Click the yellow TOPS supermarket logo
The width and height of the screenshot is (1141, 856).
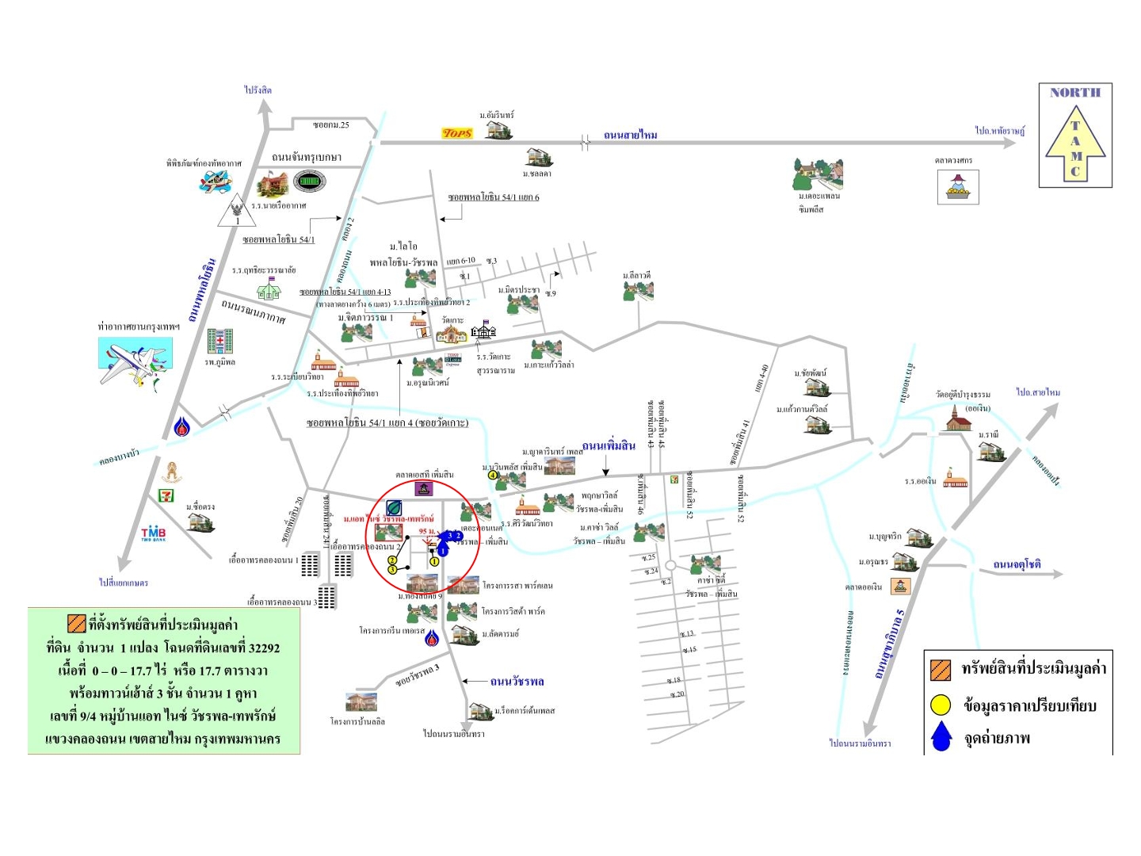tap(457, 133)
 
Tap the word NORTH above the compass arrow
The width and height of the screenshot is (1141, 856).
tap(1075, 93)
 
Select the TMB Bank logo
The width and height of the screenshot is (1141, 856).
tap(153, 533)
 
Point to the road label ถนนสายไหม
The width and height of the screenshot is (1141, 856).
tap(630, 136)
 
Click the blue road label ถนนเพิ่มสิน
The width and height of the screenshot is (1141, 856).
tap(609, 445)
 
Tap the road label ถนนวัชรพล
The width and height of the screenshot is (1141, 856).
tap(517, 682)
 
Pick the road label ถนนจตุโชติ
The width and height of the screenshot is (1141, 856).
tap(1017, 564)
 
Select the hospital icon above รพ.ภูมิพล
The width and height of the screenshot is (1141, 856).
tap(219, 342)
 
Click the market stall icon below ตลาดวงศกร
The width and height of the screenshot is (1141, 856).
tap(958, 188)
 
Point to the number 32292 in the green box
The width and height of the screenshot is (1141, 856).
tap(264, 648)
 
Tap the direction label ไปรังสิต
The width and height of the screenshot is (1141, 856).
tap(258, 90)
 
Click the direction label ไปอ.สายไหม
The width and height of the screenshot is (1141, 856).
tap(1038, 392)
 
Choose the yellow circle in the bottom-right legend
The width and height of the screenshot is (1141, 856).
tap(941, 705)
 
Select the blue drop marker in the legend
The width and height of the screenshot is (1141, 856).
tap(941, 737)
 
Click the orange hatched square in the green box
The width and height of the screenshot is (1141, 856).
tap(77, 623)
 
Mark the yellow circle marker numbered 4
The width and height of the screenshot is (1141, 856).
tap(493, 476)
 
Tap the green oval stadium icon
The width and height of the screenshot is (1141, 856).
tap(309, 182)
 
